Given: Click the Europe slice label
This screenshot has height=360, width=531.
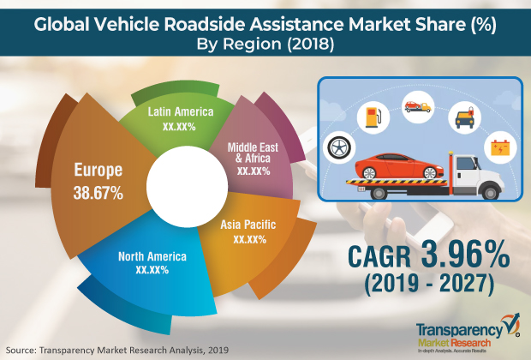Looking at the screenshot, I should click(x=98, y=170).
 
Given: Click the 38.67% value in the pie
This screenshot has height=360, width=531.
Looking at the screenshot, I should click(x=98, y=194).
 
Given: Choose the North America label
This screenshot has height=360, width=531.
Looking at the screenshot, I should click(x=151, y=256).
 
